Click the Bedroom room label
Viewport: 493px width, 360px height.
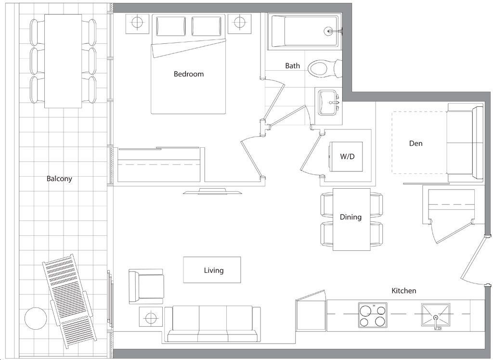point(189,74)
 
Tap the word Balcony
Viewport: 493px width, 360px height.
point(59,179)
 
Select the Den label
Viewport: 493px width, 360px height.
point(415,143)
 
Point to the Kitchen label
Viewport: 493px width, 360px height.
point(404,291)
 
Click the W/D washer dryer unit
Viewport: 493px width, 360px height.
point(346,156)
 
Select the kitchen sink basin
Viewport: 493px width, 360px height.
point(435,314)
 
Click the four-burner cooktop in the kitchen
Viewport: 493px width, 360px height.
point(373,314)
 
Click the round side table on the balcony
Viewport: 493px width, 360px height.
point(36,318)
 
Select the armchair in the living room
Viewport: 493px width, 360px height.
point(146,286)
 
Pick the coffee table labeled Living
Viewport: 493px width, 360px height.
point(212,270)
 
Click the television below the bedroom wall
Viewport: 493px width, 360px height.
point(212,191)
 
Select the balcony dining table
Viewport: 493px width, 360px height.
point(63,61)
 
